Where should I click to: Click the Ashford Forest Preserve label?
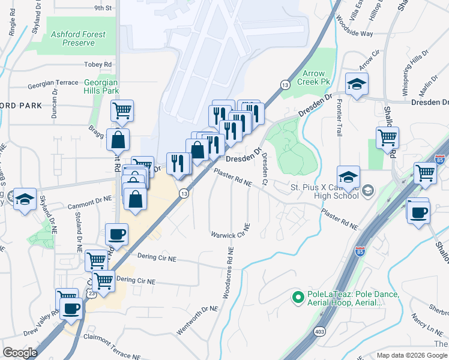click(78, 39)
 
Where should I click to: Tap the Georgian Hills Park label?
click(101, 86)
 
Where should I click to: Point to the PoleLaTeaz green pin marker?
click(297, 296)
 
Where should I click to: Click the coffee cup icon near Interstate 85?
click(418, 211)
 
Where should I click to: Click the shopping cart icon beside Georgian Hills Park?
click(122, 111)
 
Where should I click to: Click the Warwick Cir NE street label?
click(230, 233)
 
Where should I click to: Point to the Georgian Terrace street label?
click(56, 83)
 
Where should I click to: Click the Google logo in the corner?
click(20, 353)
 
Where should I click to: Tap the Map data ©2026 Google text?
click(411, 355)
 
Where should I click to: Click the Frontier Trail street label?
click(339, 118)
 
